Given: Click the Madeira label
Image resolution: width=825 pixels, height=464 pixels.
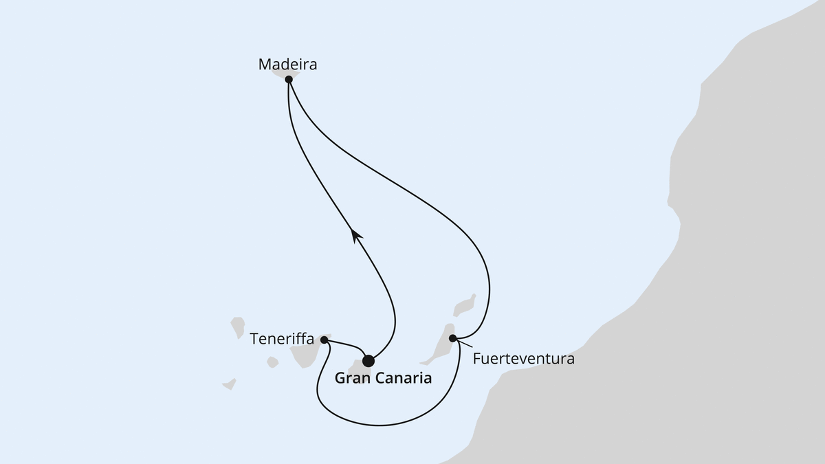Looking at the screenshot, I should (x=288, y=65).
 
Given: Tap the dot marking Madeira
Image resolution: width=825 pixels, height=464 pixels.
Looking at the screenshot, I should (x=289, y=79).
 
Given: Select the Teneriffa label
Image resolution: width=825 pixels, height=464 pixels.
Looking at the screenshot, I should (x=282, y=339).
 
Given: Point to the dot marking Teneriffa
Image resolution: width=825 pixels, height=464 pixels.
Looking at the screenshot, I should (x=324, y=340).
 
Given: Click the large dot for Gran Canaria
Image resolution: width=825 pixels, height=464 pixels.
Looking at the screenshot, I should (x=368, y=360).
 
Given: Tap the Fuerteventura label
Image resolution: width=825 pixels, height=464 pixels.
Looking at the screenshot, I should (x=524, y=359).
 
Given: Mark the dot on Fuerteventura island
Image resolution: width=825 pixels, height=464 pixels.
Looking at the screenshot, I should (x=452, y=338).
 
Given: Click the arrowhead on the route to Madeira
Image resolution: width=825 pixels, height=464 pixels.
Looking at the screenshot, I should (x=355, y=235).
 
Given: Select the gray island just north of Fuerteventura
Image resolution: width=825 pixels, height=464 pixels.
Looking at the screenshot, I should (x=465, y=304).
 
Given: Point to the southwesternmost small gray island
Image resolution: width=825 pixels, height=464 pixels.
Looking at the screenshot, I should (x=229, y=384).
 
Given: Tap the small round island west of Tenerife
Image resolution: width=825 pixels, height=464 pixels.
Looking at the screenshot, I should (x=272, y=362).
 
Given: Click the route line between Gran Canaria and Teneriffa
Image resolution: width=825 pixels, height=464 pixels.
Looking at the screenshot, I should (x=347, y=344).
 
